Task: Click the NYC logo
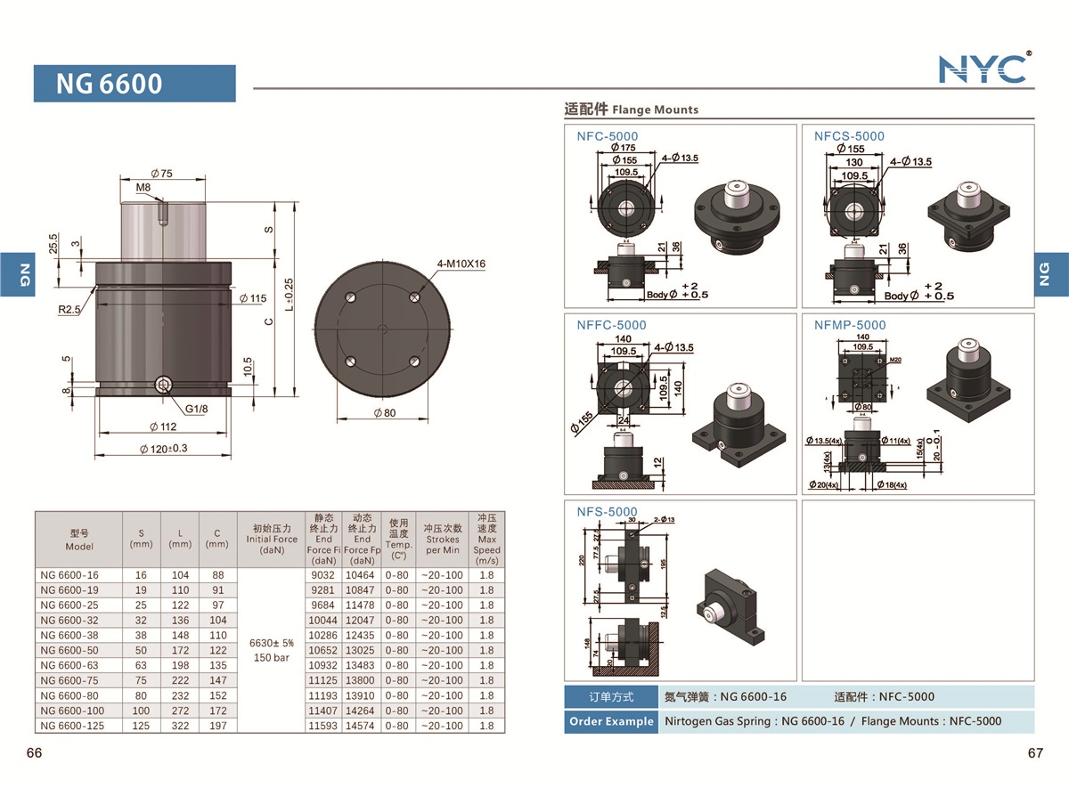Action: [x=984, y=68]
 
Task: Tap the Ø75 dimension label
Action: [x=161, y=174]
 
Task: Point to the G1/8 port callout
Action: [x=197, y=409]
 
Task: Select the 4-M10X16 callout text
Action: [x=461, y=264]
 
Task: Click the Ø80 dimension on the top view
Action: [x=385, y=413]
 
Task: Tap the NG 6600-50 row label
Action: [x=69, y=650]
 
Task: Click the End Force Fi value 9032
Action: [x=321, y=575]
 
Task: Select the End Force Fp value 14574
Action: [x=362, y=726]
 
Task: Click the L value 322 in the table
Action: [x=180, y=726]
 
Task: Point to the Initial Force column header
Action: [x=272, y=540]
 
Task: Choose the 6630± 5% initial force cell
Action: [x=272, y=643]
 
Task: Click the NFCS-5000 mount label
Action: [x=849, y=136]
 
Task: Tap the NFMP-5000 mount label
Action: [x=850, y=325]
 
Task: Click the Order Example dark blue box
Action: [x=611, y=721]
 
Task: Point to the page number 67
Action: [x=1034, y=753]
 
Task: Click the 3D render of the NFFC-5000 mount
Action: [x=739, y=426]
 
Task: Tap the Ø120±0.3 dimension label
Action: [x=164, y=449]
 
